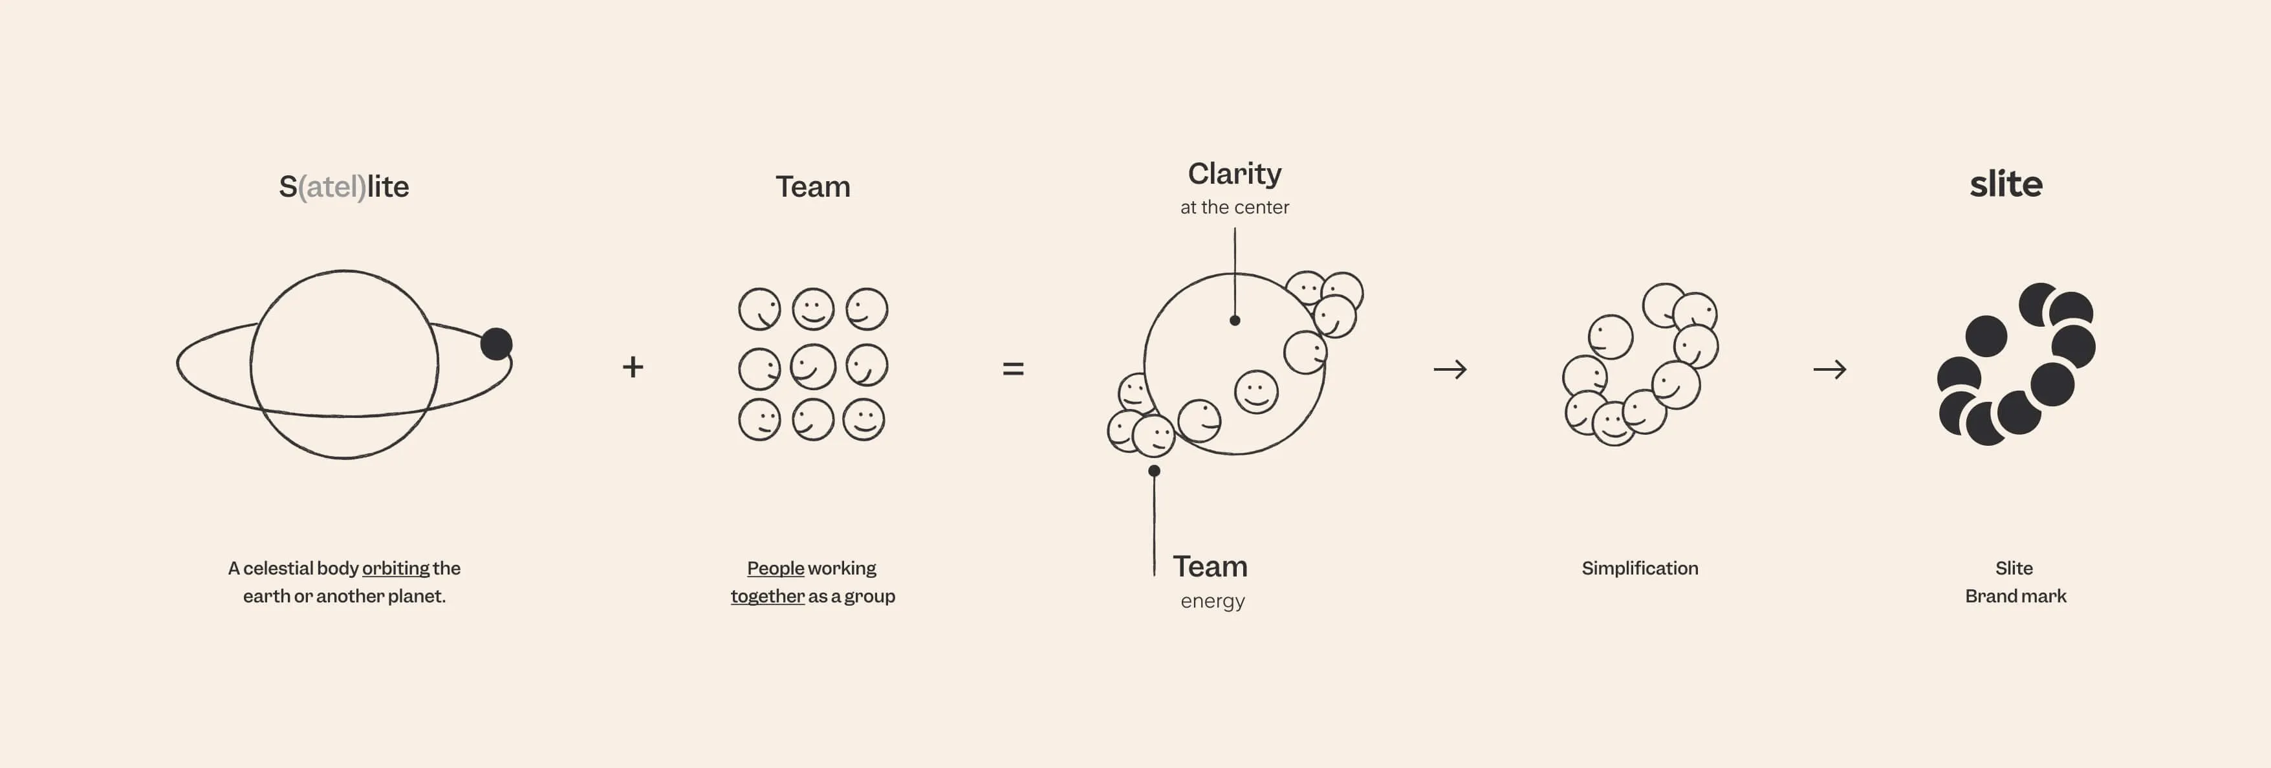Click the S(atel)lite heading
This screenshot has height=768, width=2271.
[x=344, y=187]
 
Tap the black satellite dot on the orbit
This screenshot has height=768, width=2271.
[x=496, y=343]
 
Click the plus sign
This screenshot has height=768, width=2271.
[x=633, y=367]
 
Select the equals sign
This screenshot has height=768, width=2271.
[x=1013, y=369]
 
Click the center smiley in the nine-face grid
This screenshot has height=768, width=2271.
[x=813, y=366]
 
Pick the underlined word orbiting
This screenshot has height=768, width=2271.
[x=396, y=569]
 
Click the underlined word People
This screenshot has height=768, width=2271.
[x=776, y=568]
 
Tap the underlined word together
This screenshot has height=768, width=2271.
[x=768, y=596]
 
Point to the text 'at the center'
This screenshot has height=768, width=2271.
[x=1234, y=207]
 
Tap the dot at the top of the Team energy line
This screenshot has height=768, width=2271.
[x=1154, y=471]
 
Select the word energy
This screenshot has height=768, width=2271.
[x=1212, y=601]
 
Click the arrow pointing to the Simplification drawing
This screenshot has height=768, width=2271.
[x=1450, y=369]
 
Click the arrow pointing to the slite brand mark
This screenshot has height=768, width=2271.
[x=1829, y=369]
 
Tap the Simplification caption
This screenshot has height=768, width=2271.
[x=1640, y=569]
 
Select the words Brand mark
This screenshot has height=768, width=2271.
[x=2016, y=596]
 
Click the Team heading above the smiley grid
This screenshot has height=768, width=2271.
[x=813, y=187]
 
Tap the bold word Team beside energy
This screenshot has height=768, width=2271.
[x=1210, y=566]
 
